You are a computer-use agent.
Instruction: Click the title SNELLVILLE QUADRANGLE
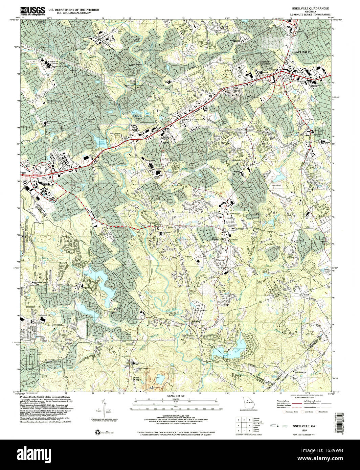click(x=308, y=7)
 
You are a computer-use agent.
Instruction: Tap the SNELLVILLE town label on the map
click(x=302, y=53)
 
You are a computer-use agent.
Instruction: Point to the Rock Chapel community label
click(x=137, y=379)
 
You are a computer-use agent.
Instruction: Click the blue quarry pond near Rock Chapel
click(x=160, y=378)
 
